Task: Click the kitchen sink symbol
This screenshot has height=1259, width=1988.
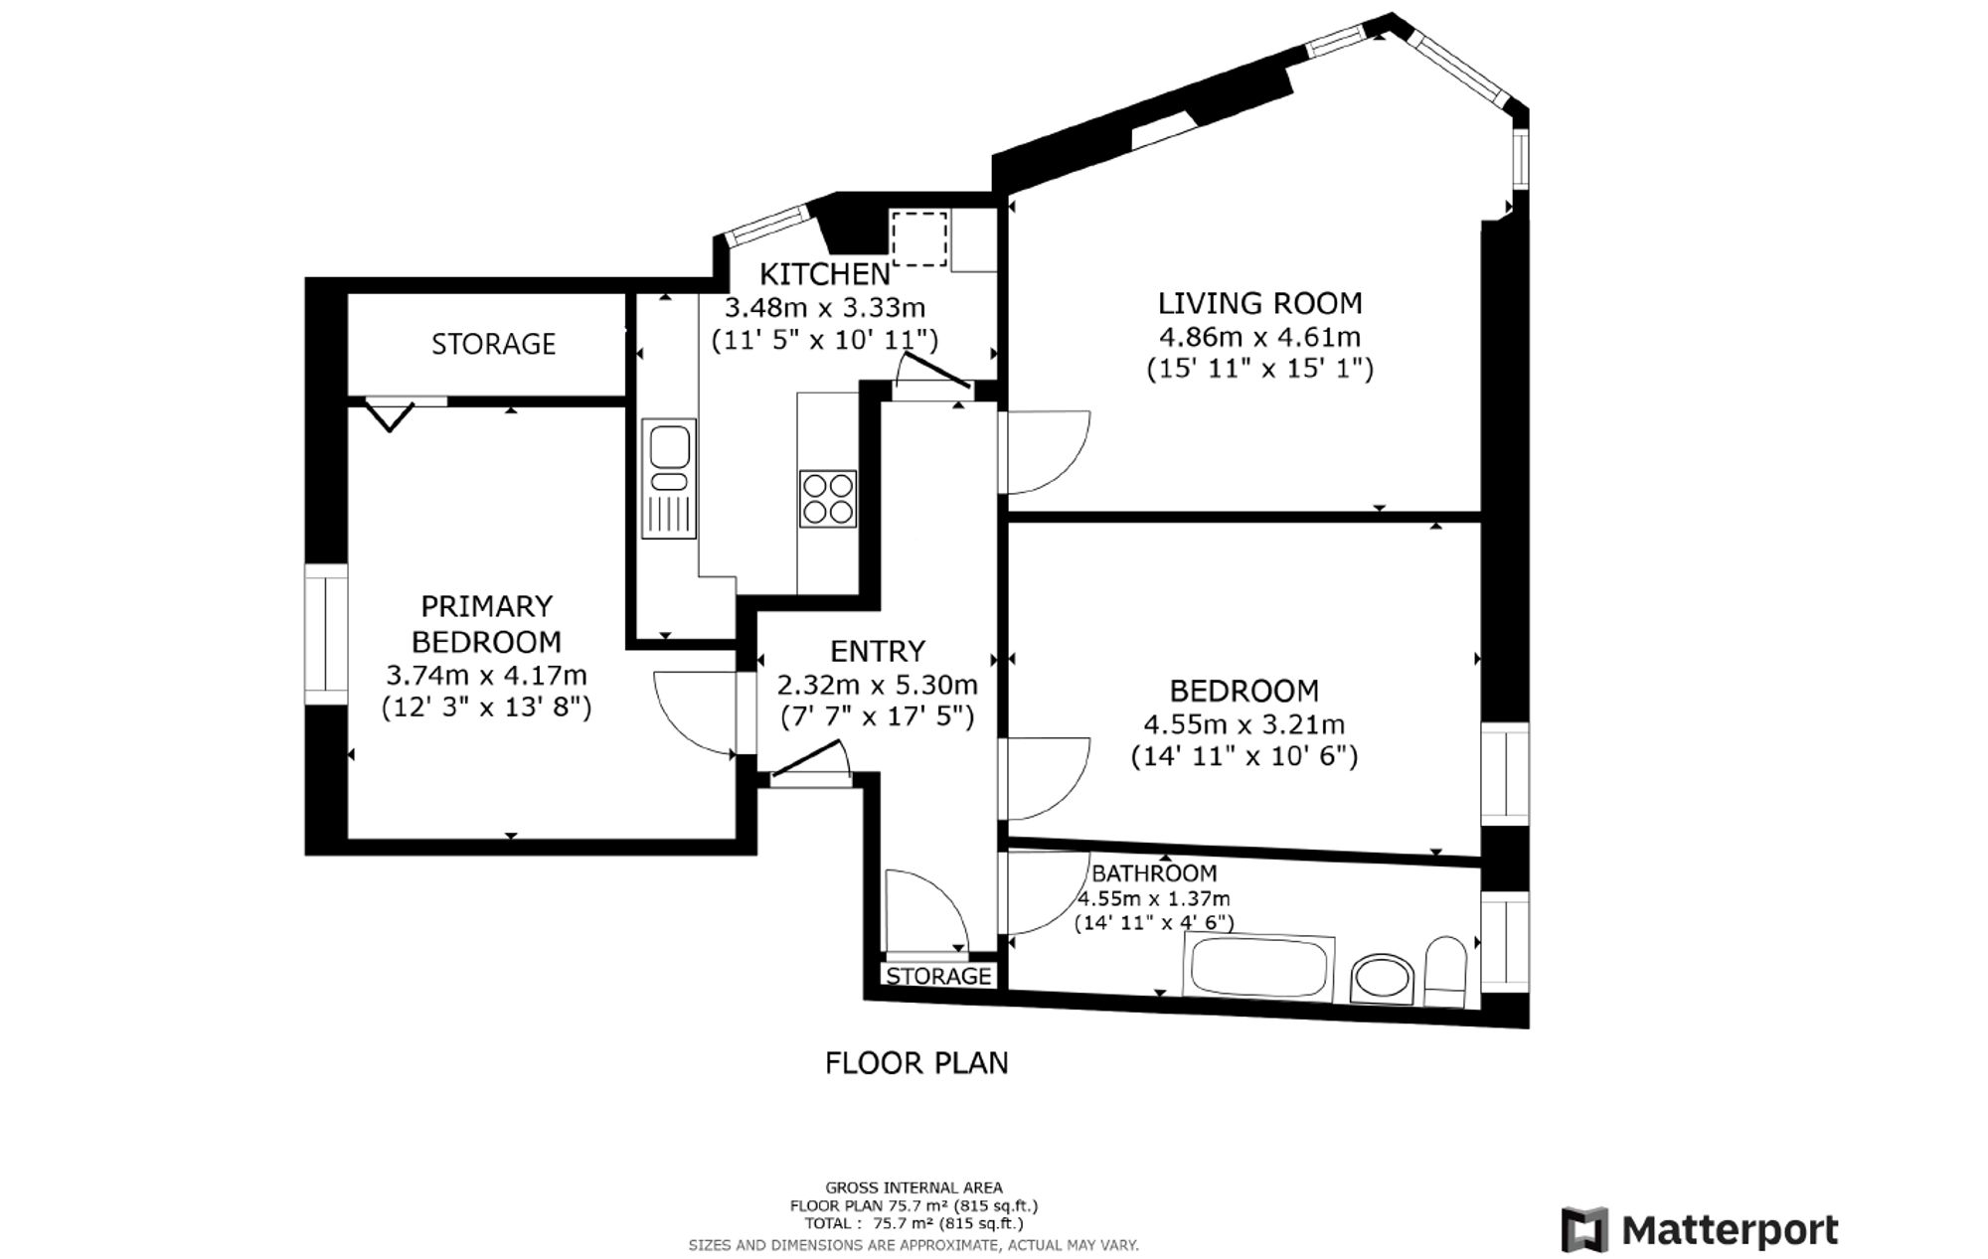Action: [669, 479]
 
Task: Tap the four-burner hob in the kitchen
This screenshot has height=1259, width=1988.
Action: [828, 498]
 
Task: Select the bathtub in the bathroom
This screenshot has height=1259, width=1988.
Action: [1257, 968]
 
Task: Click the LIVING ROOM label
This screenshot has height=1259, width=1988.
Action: [1260, 302]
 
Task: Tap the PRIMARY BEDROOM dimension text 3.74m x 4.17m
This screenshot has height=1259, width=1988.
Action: [486, 676]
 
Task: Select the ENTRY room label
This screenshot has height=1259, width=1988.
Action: [878, 651]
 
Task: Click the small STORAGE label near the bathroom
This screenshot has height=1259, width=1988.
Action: [938, 976]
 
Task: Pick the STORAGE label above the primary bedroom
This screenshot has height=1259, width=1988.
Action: [493, 344]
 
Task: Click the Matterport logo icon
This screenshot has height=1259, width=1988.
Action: [1584, 1229]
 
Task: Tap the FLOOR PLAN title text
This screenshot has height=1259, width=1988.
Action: [916, 1063]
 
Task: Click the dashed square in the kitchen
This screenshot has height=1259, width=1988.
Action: [919, 237]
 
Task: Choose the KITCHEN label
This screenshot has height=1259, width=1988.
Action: [825, 273]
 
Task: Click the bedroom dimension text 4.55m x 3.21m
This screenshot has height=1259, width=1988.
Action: [1244, 724]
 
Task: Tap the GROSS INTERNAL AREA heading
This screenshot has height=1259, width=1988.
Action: [913, 1187]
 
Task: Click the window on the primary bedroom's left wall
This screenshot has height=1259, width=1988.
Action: [326, 634]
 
